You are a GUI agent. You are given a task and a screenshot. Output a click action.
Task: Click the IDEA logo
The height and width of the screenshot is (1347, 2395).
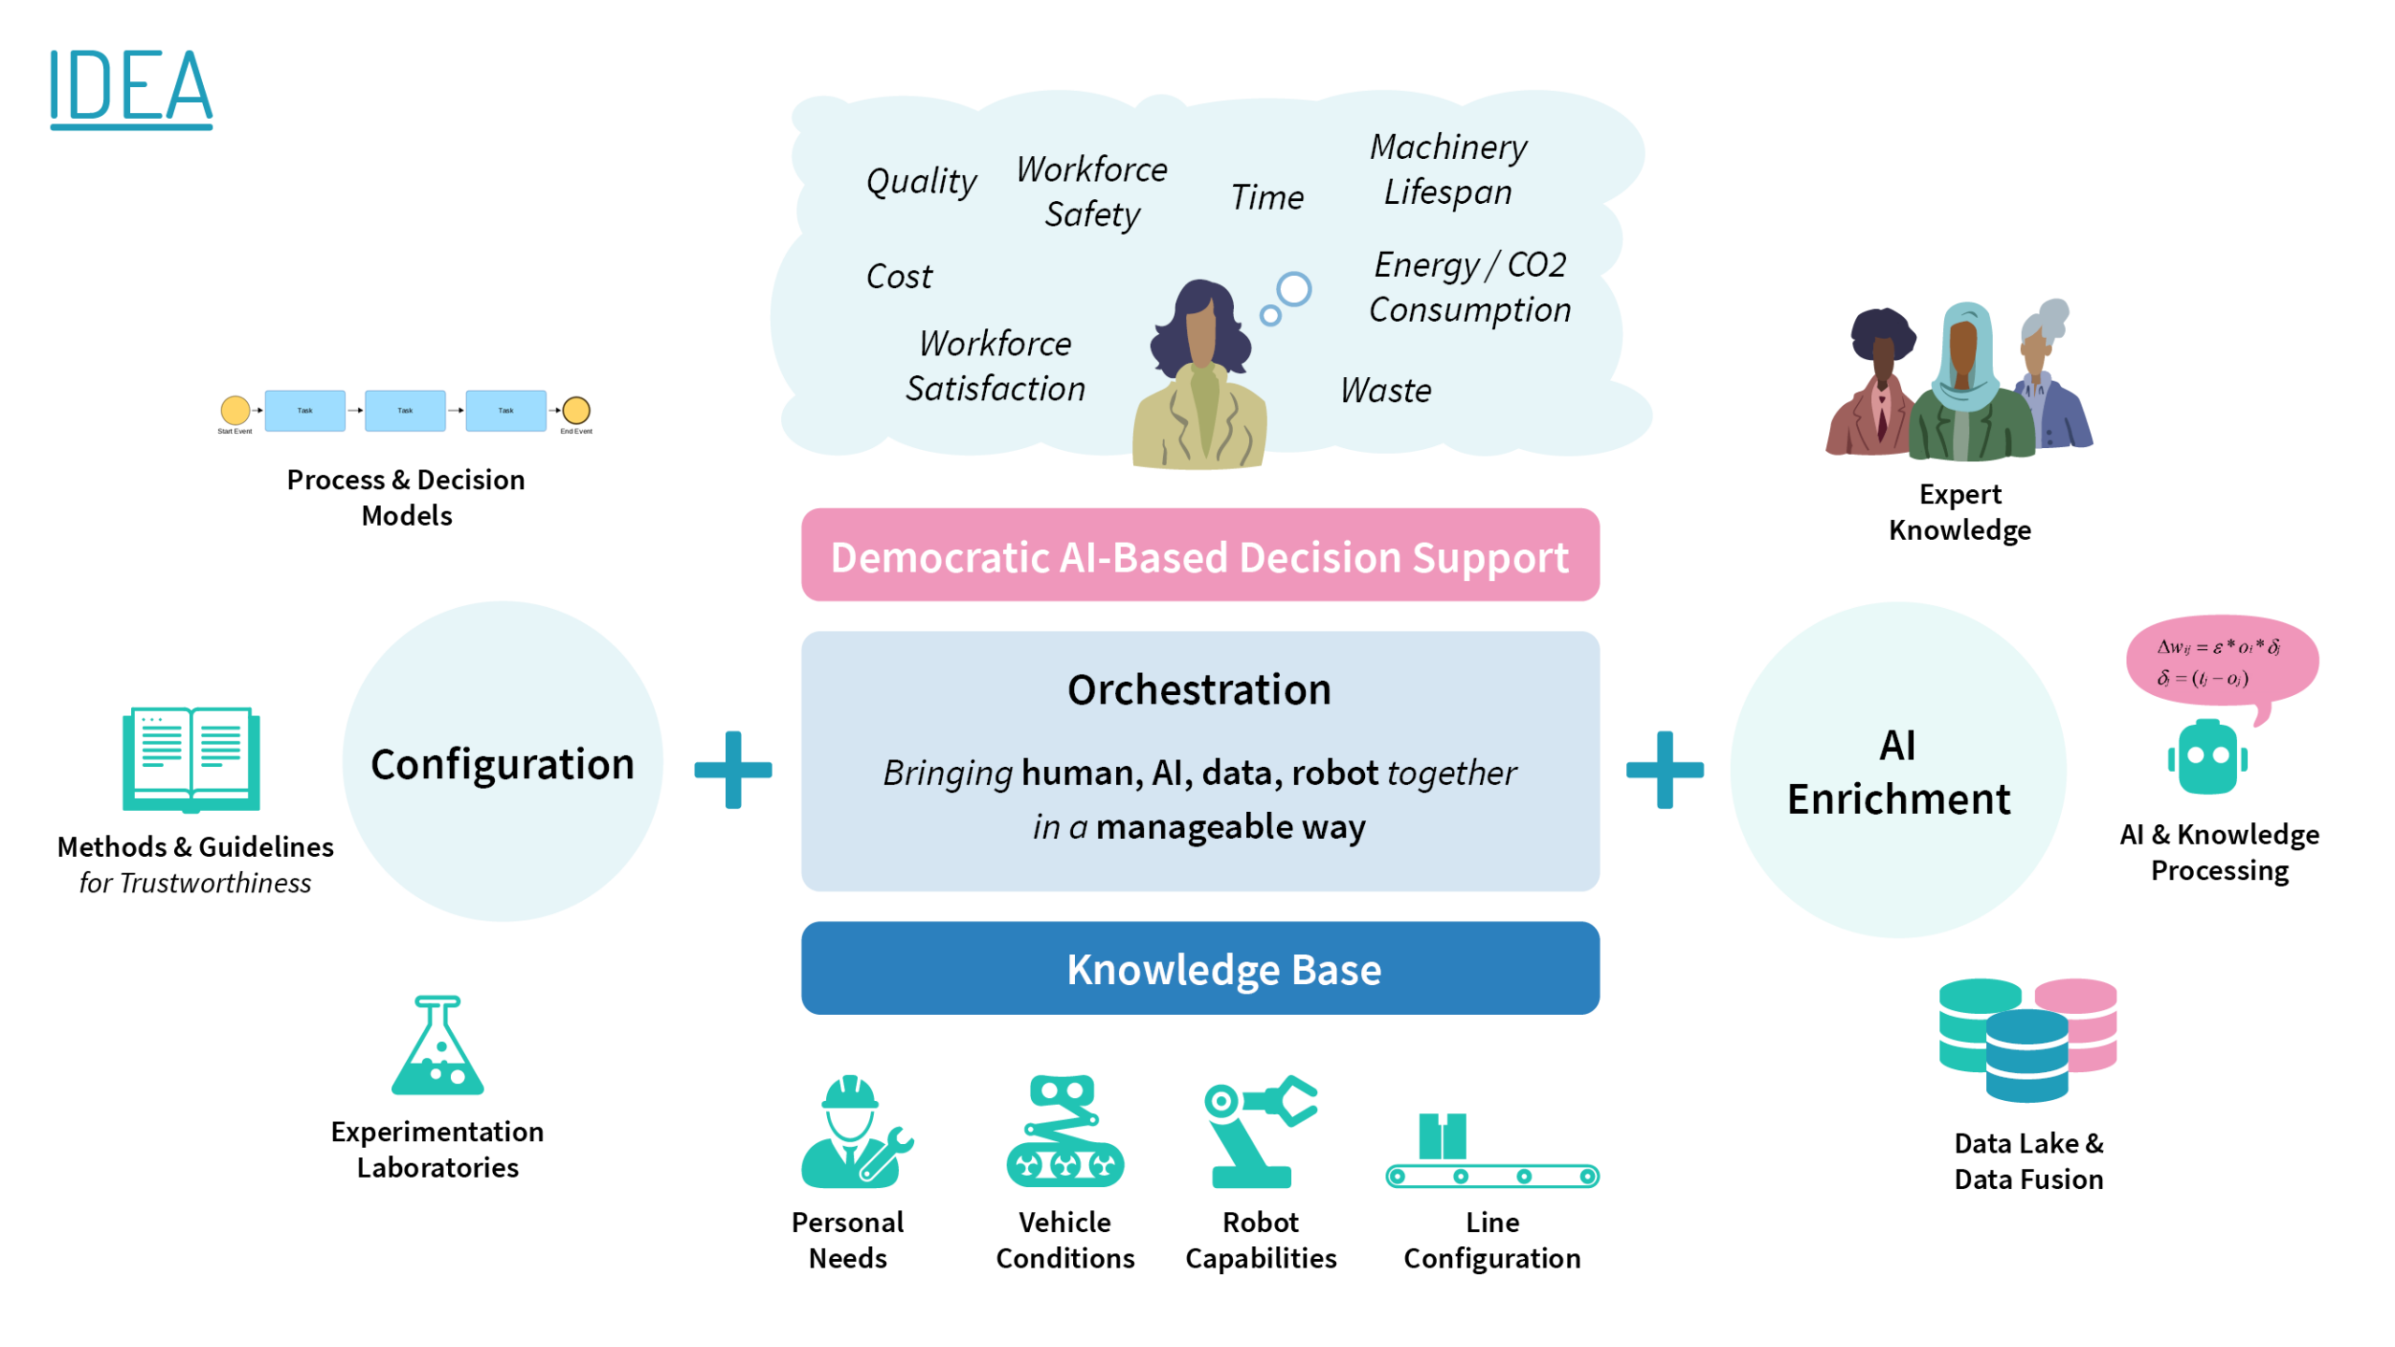point(131,88)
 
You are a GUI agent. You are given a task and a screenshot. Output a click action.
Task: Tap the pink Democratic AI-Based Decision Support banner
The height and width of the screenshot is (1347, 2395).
point(1199,556)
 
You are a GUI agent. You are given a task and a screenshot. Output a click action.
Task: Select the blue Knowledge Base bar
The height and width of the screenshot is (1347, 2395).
point(1199,969)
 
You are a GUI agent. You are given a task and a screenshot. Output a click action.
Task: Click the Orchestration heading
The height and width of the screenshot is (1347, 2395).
point(1198,690)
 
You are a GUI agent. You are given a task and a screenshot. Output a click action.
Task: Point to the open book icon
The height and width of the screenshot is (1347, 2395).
point(191,760)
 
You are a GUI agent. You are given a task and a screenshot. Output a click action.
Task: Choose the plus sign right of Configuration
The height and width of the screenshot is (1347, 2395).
point(733,770)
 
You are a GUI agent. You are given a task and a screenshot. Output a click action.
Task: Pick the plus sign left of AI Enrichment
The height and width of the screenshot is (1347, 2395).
point(1664,770)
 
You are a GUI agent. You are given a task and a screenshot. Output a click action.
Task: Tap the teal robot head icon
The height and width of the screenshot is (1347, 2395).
point(2207,758)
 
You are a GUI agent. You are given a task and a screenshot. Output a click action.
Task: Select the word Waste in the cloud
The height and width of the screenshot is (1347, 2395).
point(1386,390)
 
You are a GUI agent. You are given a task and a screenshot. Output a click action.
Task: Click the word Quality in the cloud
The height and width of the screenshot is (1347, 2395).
point(921,181)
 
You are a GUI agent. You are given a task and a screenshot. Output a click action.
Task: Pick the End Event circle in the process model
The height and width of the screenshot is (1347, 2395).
point(575,410)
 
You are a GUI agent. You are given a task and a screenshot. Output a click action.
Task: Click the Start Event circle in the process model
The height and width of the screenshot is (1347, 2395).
point(235,410)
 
